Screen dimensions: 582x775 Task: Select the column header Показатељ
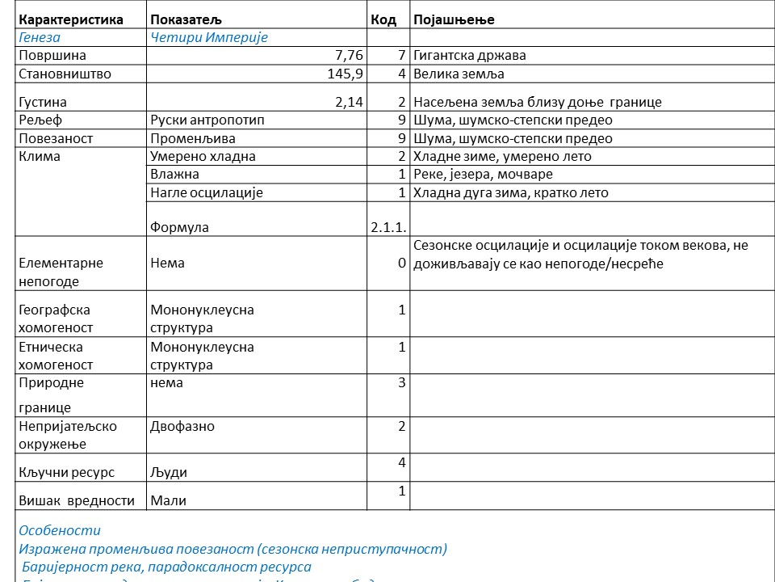tap(186, 19)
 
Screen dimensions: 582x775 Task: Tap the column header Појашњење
tap(454, 19)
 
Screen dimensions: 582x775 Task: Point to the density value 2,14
tap(350, 103)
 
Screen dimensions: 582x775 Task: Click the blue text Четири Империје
tap(209, 37)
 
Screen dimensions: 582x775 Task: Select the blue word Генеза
tap(40, 37)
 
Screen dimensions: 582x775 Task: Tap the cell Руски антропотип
tap(207, 120)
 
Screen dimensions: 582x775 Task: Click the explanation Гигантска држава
tap(470, 56)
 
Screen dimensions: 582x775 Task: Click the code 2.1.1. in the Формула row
tap(388, 227)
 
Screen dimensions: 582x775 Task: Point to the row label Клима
tap(40, 157)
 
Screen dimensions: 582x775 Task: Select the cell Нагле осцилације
tap(207, 193)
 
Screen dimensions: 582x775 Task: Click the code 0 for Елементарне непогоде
tap(402, 263)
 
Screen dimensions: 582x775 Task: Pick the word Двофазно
tap(182, 426)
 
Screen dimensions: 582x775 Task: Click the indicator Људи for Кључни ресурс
tap(169, 472)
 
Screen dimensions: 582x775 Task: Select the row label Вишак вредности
tap(77, 500)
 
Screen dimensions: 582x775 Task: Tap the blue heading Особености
tap(60, 530)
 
